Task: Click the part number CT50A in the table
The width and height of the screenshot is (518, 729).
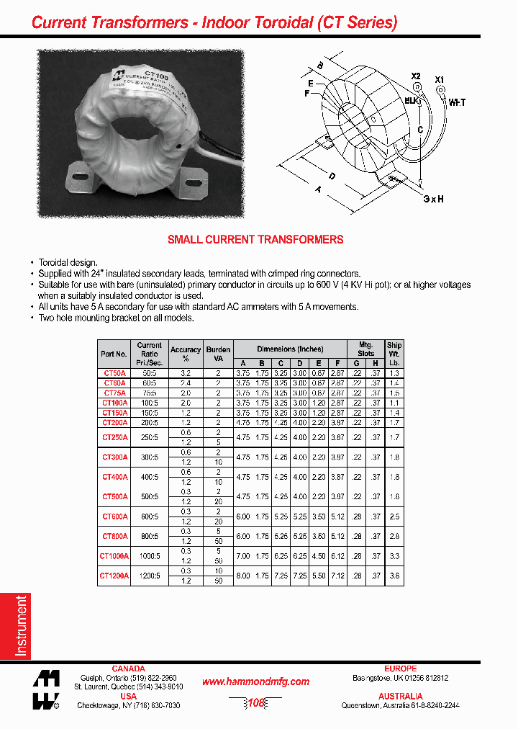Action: [114, 373]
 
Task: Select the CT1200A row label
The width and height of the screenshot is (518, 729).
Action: [114, 576]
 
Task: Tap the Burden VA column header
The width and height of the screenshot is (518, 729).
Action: [218, 354]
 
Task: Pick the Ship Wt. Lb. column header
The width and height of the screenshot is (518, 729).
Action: [394, 354]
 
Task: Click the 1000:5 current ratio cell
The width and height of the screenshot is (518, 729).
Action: [150, 556]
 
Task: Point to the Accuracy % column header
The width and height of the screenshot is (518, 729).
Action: [186, 354]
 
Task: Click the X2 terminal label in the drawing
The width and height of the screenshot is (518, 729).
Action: [416, 76]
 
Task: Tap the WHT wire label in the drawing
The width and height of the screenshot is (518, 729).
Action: [457, 103]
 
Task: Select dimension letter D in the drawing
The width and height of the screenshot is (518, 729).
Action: [332, 175]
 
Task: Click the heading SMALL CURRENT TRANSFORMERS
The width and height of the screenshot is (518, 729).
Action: [255, 240]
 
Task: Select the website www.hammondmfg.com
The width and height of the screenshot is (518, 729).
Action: [255, 681]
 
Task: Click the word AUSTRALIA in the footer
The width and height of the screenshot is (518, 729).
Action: [400, 697]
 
